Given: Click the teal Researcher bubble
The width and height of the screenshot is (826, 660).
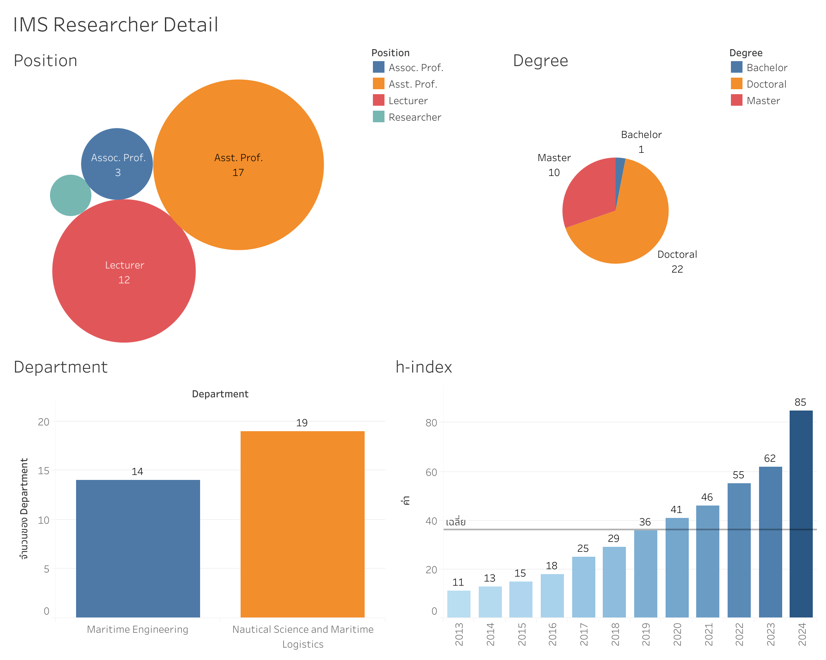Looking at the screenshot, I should tap(70, 195).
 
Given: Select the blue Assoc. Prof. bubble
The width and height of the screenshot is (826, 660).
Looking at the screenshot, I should tap(117, 164).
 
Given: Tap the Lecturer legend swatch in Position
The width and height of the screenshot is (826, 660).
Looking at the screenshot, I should tap(378, 100).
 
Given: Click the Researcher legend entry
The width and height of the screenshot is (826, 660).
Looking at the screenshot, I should tap(415, 117).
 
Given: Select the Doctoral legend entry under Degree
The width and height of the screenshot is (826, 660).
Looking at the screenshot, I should tap(766, 84).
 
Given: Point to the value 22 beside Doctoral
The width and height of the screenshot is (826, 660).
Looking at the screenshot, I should tap(677, 269).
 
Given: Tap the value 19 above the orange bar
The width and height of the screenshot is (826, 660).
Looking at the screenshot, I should tap(302, 423).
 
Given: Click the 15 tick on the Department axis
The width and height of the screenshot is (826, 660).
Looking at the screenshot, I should tap(43, 471).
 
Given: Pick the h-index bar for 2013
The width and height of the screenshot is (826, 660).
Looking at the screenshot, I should tap(458, 604).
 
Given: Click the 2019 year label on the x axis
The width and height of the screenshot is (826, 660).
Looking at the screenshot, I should tap(645, 634).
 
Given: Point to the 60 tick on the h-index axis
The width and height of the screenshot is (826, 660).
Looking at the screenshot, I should tap(431, 472).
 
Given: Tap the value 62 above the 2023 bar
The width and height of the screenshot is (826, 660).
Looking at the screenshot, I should tap(770, 458).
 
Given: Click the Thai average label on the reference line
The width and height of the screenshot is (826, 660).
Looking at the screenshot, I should tap(456, 522).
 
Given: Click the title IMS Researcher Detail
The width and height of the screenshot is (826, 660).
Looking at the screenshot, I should tap(116, 25).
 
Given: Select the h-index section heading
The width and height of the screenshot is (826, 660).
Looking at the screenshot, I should tap(424, 367).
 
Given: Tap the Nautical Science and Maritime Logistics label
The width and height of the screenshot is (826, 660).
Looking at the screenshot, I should tap(303, 636).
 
